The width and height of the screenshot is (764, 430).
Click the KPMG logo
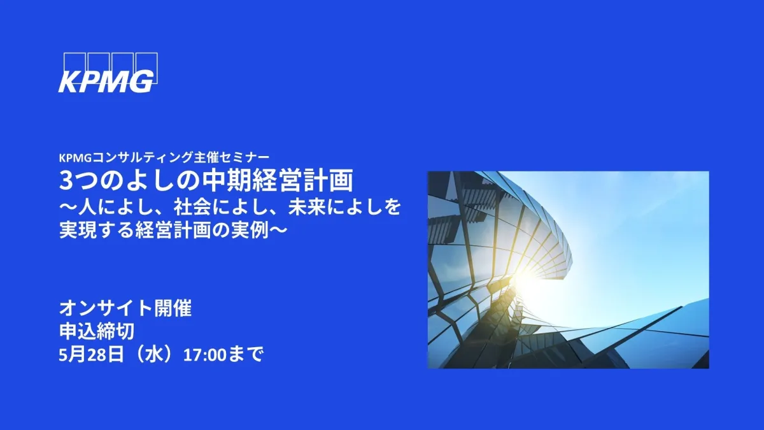point(108,73)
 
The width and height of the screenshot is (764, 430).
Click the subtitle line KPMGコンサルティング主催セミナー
point(164,157)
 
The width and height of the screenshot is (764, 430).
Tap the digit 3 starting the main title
point(66,181)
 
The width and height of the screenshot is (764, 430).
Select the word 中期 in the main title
point(226,180)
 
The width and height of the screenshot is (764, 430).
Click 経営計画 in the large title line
point(302,180)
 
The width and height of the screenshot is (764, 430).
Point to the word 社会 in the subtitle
point(192,208)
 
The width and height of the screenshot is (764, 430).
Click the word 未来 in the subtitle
point(307,208)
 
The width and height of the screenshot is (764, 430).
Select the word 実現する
point(97,230)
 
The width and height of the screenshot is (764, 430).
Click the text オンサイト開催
point(125,308)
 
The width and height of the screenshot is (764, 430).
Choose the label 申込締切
point(97,331)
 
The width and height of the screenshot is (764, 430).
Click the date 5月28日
point(91,355)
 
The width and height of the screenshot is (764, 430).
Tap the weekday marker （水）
point(153,355)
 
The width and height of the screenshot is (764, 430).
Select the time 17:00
point(204,355)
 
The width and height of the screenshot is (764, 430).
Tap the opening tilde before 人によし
point(68,208)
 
